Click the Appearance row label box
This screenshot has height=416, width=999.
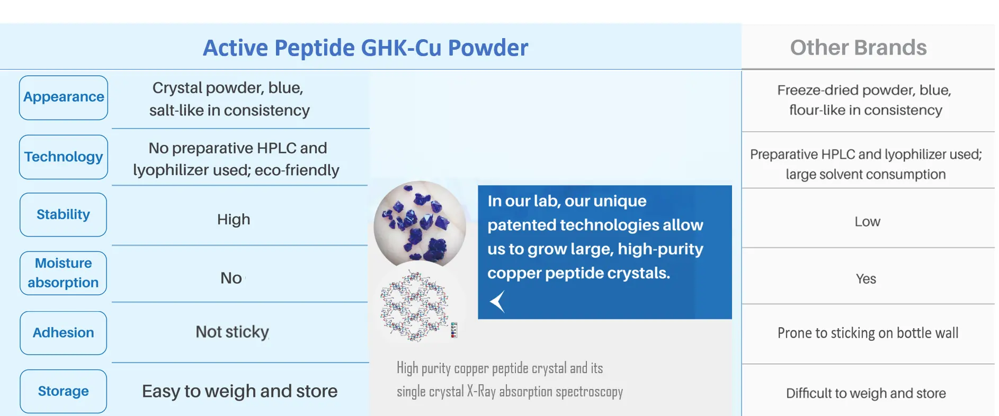point(64,97)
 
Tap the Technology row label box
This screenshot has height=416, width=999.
point(64,157)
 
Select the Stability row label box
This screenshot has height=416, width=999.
point(64,214)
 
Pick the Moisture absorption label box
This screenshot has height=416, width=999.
point(64,273)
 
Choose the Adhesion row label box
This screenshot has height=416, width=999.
point(64,332)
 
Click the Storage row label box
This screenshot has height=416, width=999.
point(64,391)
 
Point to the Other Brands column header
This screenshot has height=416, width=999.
point(858,48)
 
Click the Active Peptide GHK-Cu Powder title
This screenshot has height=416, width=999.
point(365,48)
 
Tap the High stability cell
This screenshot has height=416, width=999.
point(234,219)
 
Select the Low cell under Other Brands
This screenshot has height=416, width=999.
point(867,221)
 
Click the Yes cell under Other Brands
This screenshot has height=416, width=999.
point(866,278)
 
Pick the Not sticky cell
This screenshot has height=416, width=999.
point(232,332)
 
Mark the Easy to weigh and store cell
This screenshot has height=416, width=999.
point(239,391)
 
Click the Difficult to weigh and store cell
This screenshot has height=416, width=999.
point(866,393)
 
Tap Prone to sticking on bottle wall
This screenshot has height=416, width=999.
point(868,333)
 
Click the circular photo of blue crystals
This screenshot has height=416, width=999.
point(420,224)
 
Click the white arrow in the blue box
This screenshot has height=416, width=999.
point(497,302)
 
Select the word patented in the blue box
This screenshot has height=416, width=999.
point(521,225)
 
